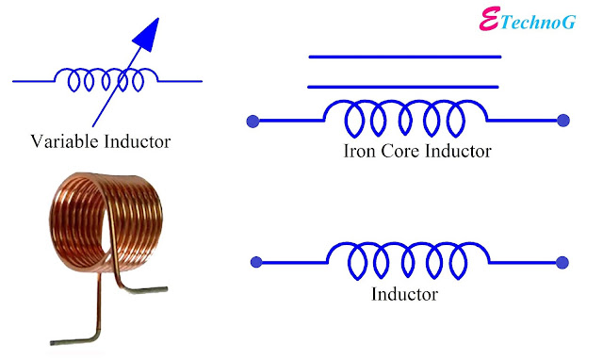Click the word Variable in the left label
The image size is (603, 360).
pos(60,143)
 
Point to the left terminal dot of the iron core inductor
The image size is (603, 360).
pos(253,120)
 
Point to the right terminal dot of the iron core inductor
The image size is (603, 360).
pos(563,120)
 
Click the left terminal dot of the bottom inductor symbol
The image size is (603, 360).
pos(253,263)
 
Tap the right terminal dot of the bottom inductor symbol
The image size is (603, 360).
pos(563,263)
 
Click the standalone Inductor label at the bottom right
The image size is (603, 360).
pos(406,295)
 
